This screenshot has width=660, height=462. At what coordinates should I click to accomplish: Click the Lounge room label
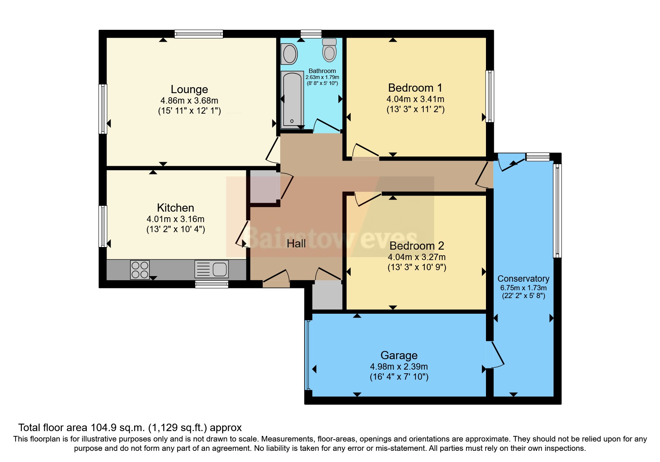[x=189, y=89]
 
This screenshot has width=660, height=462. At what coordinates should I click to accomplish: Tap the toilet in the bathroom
[x=329, y=50]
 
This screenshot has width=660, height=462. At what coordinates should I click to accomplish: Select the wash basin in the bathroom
[x=290, y=54]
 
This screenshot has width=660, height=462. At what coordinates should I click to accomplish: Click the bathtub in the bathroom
[x=292, y=99]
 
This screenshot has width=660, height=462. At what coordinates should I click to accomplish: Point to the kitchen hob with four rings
[x=140, y=270]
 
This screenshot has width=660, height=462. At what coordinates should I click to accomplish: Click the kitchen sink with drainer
[x=211, y=269]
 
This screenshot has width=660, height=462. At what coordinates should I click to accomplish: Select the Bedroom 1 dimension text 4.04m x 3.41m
[x=415, y=99]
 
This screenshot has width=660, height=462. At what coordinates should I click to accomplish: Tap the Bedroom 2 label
[x=417, y=246]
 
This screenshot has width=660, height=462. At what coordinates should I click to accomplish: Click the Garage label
[x=399, y=355]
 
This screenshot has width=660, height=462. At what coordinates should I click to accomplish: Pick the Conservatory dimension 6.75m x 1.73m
[x=523, y=288]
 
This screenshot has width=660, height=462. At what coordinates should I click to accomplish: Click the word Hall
[x=296, y=244]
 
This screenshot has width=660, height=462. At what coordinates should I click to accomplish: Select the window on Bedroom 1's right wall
[x=490, y=96]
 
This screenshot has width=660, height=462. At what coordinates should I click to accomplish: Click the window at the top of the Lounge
[x=199, y=34]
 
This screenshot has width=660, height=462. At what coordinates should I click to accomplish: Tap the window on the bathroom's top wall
[x=311, y=34]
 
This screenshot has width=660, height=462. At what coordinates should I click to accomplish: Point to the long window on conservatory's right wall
[x=557, y=211]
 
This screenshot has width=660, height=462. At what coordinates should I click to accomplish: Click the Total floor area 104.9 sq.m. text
[x=130, y=427]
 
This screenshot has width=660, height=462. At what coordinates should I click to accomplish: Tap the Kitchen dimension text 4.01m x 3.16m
[x=175, y=219]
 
